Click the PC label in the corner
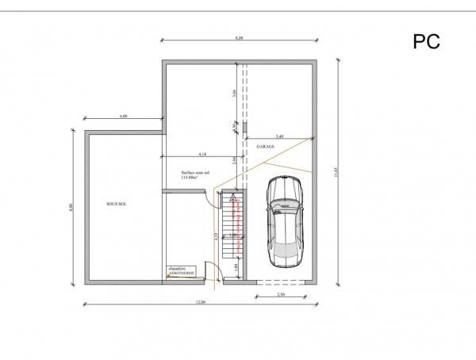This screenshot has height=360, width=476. tap(427, 40)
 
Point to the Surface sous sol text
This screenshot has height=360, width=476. tap(194, 172)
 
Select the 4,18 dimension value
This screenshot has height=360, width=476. tap(202, 152)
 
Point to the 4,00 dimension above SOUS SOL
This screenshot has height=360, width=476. tap(123, 117)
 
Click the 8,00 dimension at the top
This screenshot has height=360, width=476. tap(239, 37)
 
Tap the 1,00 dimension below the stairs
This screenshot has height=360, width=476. tap(236, 267)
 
